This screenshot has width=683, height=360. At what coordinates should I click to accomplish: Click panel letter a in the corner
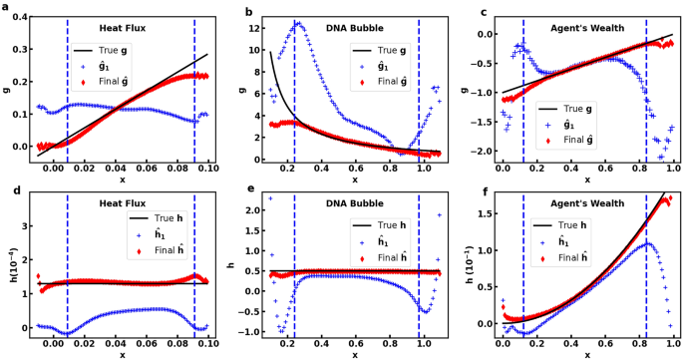click(x=5, y=9)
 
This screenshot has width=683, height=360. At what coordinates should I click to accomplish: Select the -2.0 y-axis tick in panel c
click(x=483, y=152)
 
